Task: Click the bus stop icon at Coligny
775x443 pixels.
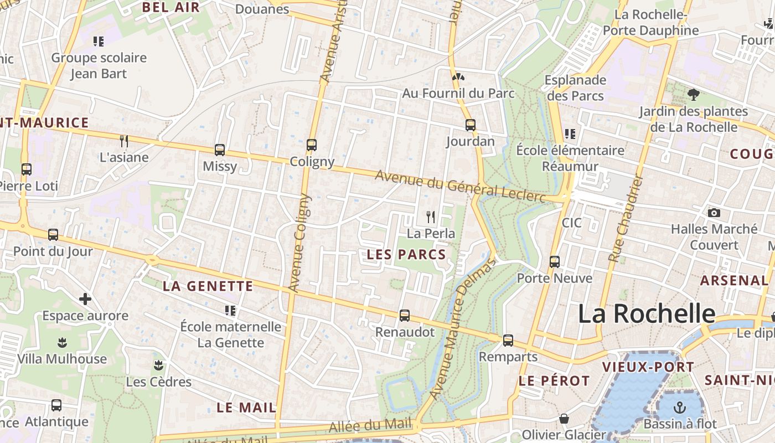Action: point(312,145)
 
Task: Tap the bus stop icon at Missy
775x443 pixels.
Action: point(220,150)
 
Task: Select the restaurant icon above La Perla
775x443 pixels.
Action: point(431,217)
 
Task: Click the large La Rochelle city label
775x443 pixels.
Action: point(647,313)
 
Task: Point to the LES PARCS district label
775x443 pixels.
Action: point(407,255)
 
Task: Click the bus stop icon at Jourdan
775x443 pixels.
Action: point(471,125)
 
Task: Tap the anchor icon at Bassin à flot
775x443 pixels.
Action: point(679,408)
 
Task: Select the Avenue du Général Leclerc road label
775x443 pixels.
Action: point(461,186)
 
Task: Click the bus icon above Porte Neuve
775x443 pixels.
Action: point(555,261)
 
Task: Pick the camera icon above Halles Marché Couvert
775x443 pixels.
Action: point(714,213)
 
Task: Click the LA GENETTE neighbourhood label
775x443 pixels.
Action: point(208,286)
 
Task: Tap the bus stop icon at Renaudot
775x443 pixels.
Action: point(405,316)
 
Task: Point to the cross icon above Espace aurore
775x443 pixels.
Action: point(85,300)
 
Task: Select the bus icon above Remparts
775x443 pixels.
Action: point(508,341)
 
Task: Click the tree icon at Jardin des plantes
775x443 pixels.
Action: point(693,95)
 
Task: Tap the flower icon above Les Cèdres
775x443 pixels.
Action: point(158,365)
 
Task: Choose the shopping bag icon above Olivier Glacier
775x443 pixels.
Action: point(564,419)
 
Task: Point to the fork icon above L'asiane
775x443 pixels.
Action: point(124,141)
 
